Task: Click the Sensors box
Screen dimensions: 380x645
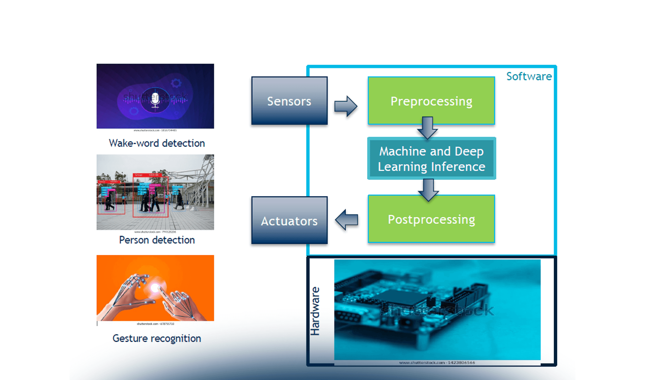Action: pyautogui.click(x=289, y=101)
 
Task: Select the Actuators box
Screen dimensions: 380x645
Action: pyautogui.click(x=289, y=220)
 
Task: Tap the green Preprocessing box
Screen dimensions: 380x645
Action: pyautogui.click(x=431, y=101)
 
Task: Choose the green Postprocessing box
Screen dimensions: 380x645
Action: pyautogui.click(x=431, y=219)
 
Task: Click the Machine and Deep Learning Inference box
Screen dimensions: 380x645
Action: pyautogui.click(x=431, y=159)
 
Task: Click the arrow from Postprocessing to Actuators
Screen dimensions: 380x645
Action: pyautogui.click(x=347, y=220)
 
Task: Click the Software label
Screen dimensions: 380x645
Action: pyautogui.click(x=529, y=76)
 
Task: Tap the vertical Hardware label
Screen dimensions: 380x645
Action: pyautogui.click(x=315, y=311)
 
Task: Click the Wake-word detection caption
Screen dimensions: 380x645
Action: pyautogui.click(x=157, y=143)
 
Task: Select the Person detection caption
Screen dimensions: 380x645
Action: pyautogui.click(x=157, y=240)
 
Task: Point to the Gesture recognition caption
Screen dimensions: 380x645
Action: pyautogui.click(x=157, y=338)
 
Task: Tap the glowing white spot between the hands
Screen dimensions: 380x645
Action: pyautogui.click(x=155, y=288)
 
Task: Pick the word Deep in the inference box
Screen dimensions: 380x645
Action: pyautogui.click(x=469, y=151)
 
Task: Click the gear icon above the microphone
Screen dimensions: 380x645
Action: pyautogui.click(x=176, y=83)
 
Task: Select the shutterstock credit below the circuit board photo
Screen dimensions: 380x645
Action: pyautogui.click(x=437, y=363)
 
